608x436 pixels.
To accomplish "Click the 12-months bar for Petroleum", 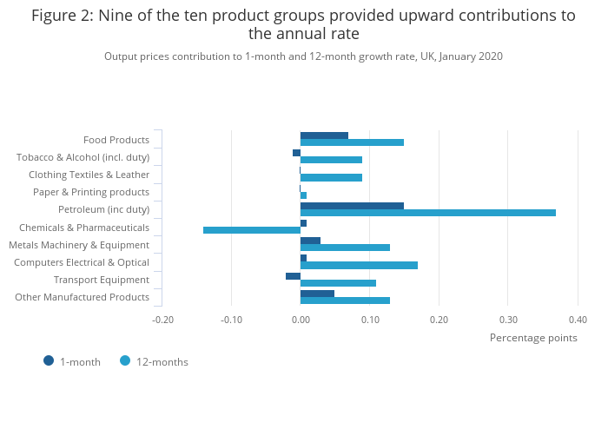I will pos(427,213).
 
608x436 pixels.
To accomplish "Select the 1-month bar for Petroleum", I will pos(352,206).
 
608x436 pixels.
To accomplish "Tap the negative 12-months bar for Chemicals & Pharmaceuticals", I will pos(252,230).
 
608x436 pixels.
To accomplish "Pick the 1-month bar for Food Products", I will pos(324,135).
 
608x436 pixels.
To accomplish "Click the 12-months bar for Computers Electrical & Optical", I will pos(359,265).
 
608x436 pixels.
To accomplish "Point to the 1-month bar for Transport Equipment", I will pos(293,276).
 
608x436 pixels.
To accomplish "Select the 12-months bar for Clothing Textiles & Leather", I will pos(331,177).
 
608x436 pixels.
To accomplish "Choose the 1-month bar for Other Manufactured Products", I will pos(317,294).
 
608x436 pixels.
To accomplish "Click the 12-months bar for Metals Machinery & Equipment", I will pos(345,248).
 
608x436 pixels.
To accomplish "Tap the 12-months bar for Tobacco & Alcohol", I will pos(331,160).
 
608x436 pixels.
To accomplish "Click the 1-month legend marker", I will pos(49,360).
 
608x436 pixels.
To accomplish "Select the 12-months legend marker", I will pos(125,360).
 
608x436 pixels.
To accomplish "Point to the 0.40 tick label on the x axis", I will pos(577,320).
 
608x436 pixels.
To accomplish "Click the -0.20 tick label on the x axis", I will pos(162,320).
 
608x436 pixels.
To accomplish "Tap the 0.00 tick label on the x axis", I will pos(301,320).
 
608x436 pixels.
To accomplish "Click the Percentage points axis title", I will pos(533,338).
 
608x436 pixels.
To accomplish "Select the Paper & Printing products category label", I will pos(91,192).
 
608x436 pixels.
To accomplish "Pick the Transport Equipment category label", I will pos(102,280).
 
